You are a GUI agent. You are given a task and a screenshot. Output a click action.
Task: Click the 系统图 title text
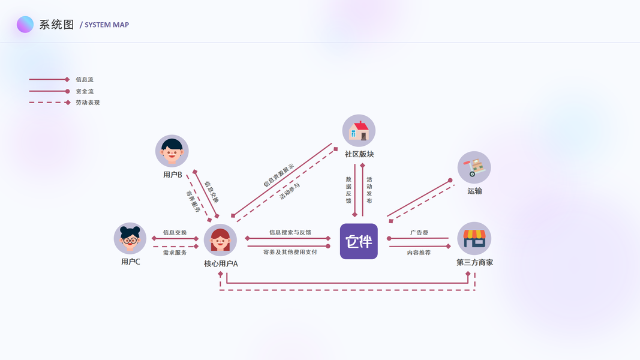56,25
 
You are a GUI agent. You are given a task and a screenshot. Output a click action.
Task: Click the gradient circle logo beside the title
25,25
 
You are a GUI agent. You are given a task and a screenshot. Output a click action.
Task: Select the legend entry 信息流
85,79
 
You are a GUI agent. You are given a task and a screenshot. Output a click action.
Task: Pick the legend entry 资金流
85,91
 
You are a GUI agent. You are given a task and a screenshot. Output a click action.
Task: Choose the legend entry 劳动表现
88,103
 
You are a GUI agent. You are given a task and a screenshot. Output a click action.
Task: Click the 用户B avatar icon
172,151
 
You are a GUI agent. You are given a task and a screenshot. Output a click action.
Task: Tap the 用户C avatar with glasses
130,238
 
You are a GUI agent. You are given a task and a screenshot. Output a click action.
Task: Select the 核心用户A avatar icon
220,240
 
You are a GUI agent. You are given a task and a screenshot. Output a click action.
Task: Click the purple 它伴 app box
359,241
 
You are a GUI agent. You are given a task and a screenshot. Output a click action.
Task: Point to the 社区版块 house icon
359,130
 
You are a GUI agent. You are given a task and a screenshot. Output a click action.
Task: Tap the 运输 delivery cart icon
474,167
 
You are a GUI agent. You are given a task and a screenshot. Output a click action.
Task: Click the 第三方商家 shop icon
474,238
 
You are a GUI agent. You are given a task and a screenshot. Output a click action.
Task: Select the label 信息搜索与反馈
290,232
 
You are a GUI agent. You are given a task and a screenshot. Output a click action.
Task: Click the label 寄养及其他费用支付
290,252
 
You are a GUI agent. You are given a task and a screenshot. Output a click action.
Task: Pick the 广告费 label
419,232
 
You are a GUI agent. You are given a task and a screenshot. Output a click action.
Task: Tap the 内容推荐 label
419,253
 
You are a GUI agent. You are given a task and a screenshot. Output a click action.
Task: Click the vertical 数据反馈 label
348,190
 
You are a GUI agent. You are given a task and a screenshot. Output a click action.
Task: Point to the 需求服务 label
175,253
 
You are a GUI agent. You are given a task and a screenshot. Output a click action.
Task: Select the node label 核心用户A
221,264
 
